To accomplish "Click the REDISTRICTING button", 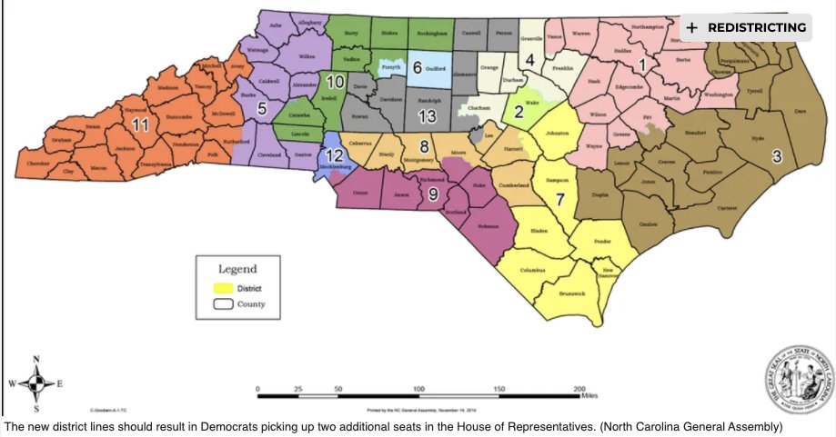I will pyautogui.click(x=746, y=27).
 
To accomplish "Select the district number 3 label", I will pyautogui.click(x=776, y=155).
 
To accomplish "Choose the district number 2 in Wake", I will pyautogui.click(x=519, y=112).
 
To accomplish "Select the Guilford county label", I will pyautogui.click(x=437, y=78).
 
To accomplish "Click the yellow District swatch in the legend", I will pyautogui.click(x=223, y=288).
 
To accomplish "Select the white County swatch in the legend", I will pyautogui.click(x=223, y=304).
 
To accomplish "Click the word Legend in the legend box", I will pyautogui.click(x=237, y=269).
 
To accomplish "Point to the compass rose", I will pyautogui.click(x=35, y=382).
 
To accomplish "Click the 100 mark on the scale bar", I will pyautogui.click(x=418, y=388).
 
